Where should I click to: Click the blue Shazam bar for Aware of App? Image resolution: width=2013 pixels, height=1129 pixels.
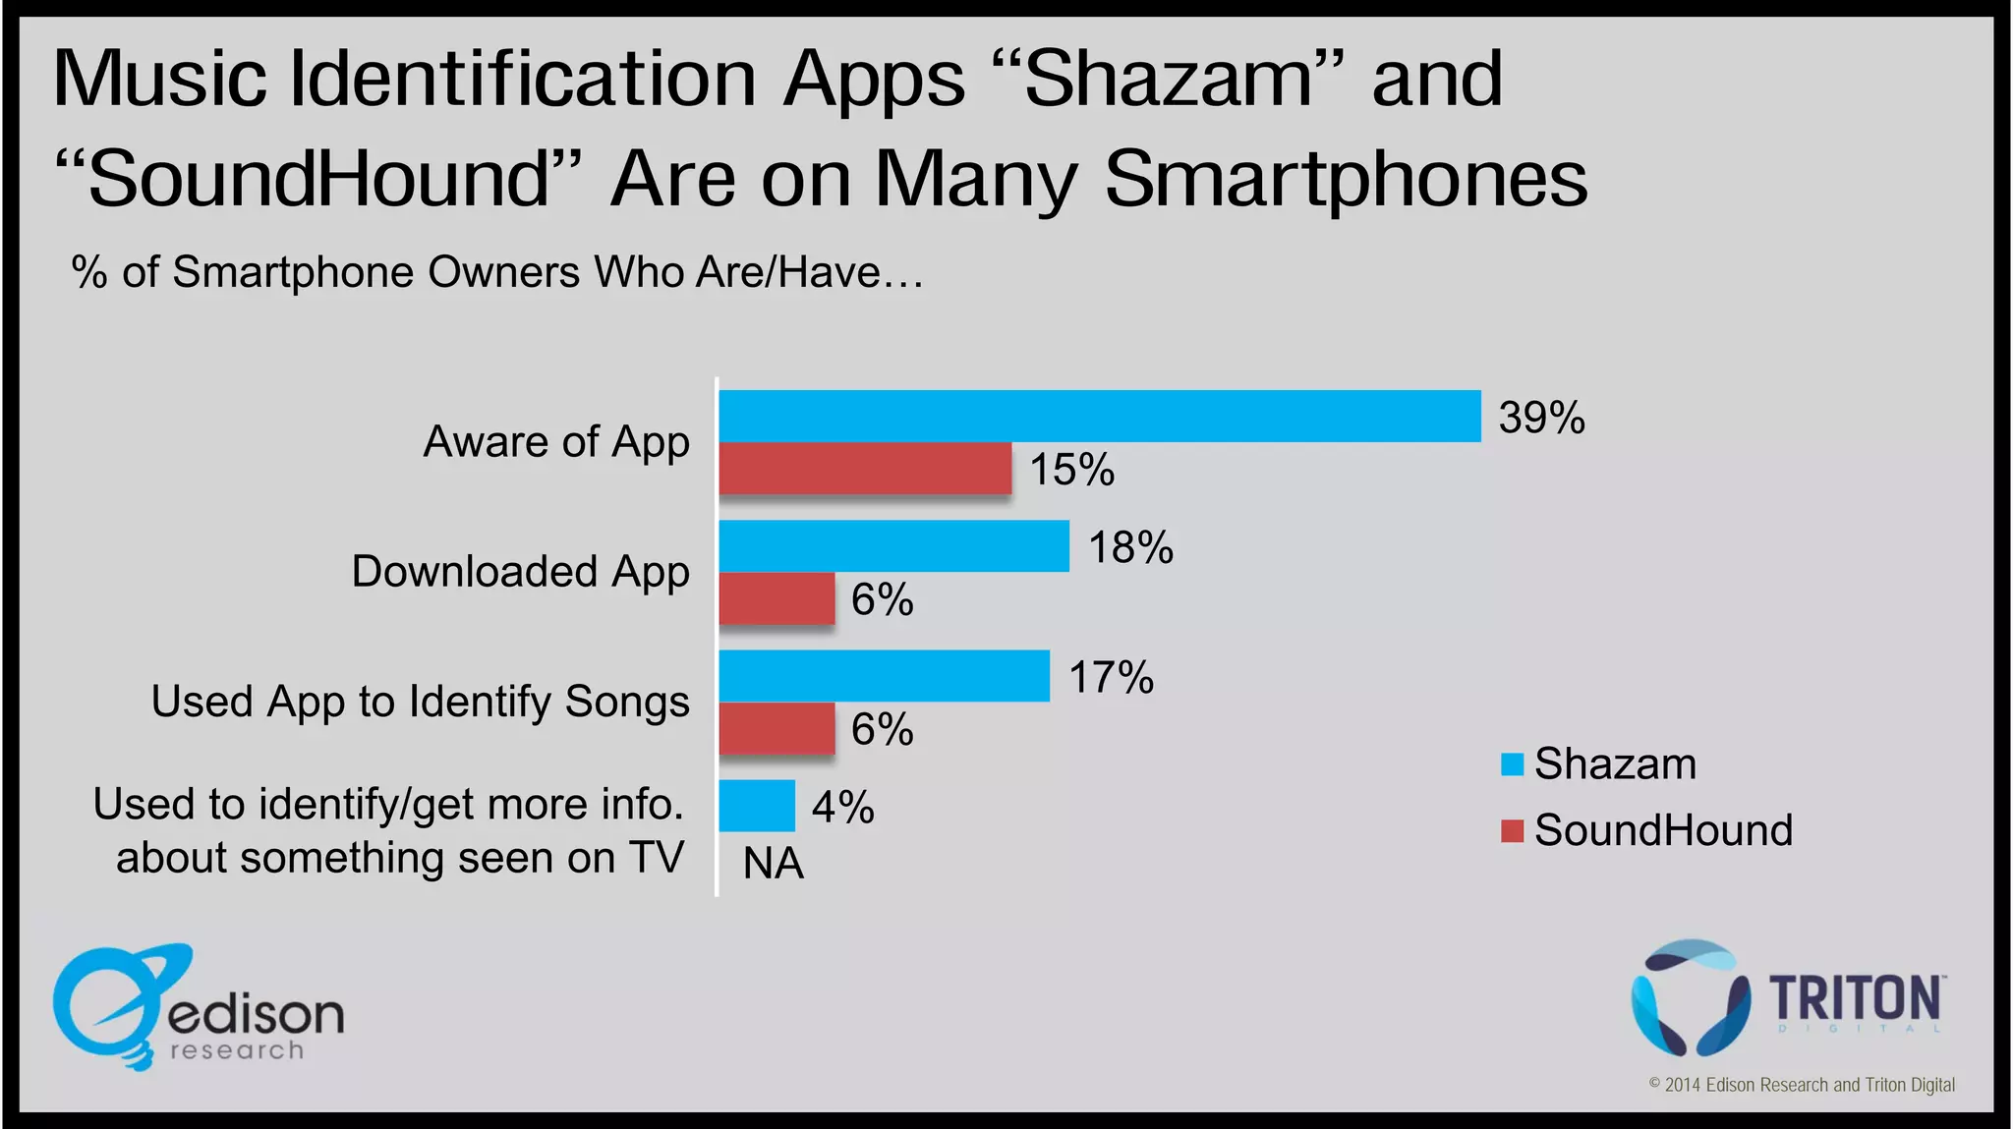1099,416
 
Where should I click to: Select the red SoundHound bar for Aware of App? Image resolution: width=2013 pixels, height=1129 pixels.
865,468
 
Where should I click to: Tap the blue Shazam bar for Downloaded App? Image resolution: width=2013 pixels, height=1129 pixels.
893,545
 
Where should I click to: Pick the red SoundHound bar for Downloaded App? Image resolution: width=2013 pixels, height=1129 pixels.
776,597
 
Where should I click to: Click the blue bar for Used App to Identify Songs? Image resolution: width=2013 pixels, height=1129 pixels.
884,675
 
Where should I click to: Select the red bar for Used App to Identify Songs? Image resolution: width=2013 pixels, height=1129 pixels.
776,727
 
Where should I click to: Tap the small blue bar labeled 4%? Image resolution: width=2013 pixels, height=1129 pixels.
757,805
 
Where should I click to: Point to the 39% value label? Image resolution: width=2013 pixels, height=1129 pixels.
1541,418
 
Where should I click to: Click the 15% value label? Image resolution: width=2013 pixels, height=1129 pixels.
1071,470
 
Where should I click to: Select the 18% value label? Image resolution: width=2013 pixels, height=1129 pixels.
1130,547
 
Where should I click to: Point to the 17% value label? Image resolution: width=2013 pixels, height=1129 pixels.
1111,678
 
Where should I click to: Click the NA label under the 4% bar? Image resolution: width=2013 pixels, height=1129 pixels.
774,864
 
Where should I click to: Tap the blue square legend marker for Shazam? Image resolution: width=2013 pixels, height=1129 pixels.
1512,764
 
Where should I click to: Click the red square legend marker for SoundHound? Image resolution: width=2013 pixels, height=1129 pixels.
1512,831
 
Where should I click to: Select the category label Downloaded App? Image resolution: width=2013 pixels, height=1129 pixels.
520,572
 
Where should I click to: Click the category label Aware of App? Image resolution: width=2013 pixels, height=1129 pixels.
556,442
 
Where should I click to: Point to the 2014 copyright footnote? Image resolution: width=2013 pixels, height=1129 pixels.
1801,1085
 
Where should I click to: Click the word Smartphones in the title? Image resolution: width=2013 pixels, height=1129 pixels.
1345,180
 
